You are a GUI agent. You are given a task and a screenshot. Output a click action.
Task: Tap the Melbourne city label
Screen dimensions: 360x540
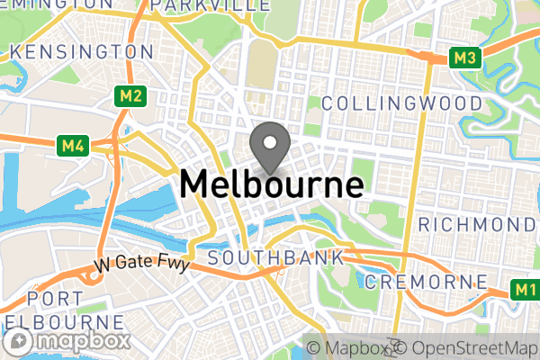pyautogui.click(x=272, y=184)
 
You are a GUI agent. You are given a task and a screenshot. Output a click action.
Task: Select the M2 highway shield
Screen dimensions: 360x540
pyautogui.click(x=130, y=95)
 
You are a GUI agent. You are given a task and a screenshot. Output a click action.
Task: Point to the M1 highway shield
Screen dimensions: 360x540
pyautogui.click(x=526, y=290)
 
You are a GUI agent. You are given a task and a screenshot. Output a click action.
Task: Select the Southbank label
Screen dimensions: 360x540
pyautogui.click(x=275, y=258)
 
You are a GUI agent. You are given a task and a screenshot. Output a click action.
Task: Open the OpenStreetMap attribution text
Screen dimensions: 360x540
pyautogui.click(x=466, y=347)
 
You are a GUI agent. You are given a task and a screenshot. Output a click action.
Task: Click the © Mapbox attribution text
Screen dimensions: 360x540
pyautogui.click(x=346, y=347)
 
